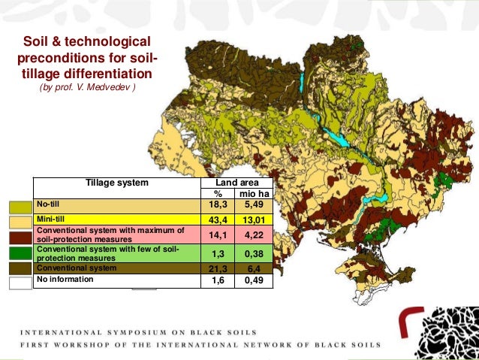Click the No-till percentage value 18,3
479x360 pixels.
(x=219, y=204)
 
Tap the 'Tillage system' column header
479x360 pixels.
(x=116, y=183)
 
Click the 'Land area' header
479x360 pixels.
(x=236, y=183)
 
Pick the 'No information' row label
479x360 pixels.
(x=67, y=279)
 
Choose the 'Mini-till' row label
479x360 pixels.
(x=52, y=219)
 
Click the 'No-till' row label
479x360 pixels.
(x=49, y=204)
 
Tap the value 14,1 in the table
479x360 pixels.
(x=219, y=234)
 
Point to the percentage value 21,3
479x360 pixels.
(x=219, y=268)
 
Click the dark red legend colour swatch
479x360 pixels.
(x=20, y=237)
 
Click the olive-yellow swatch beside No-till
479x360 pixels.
(x=20, y=206)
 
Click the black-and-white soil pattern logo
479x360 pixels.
(x=447, y=332)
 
